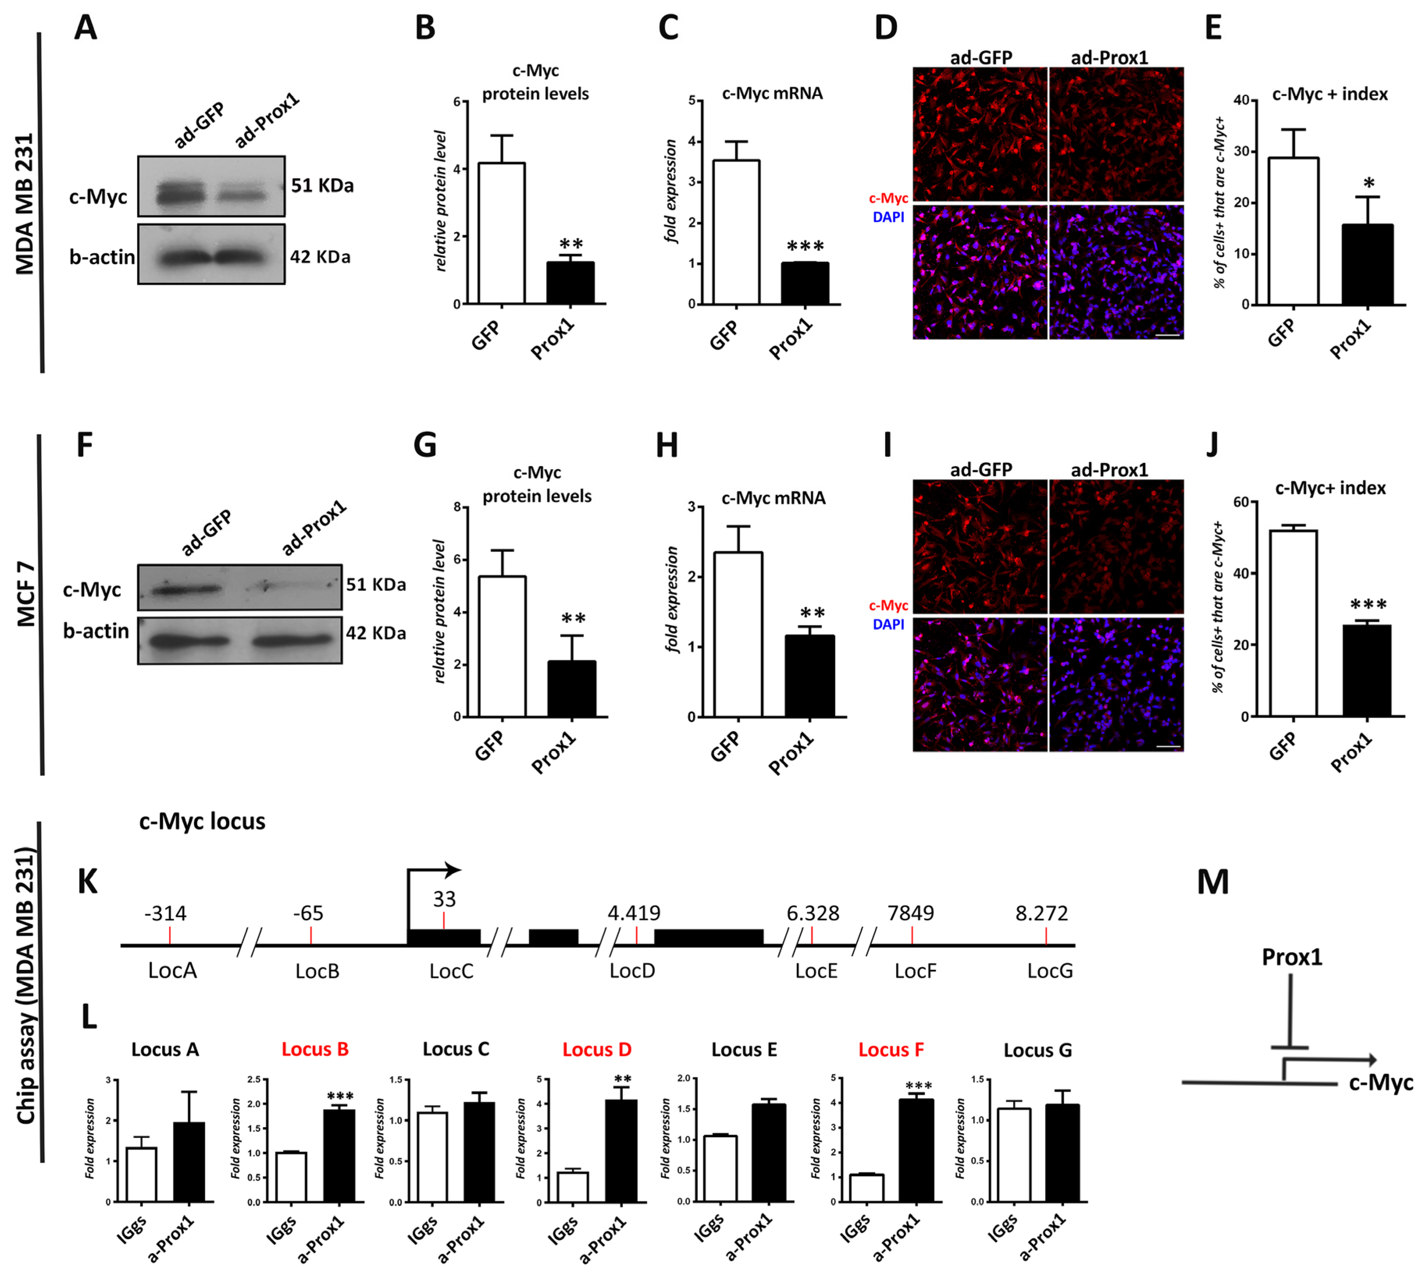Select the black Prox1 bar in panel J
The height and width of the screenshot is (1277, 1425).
click(1366, 671)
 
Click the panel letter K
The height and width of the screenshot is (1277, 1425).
click(88, 882)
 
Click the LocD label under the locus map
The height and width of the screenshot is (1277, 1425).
click(632, 971)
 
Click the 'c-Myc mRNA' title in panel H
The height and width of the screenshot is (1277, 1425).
click(773, 498)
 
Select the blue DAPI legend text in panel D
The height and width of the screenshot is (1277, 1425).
click(888, 218)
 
